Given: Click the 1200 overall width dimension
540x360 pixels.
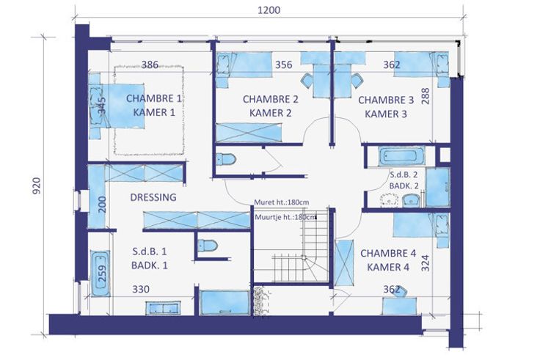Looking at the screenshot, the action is click(x=269, y=10).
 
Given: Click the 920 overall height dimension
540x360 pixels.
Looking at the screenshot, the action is click(x=37, y=185).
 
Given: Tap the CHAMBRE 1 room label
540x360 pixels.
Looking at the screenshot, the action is click(x=153, y=98).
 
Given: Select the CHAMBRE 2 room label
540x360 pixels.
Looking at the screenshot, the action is click(x=270, y=99).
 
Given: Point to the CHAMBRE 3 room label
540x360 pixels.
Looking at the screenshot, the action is click(x=386, y=100).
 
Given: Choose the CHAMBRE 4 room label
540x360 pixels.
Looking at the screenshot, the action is click(x=388, y=253).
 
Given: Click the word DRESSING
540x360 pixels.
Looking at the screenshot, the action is click(x=153, y=197).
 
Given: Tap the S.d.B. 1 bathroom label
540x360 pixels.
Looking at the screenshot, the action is click(x=150, y=251).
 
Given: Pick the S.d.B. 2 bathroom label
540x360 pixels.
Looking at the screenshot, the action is click(x=404, y=175).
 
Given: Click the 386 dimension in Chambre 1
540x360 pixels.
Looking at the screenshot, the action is click(x=150, y=65).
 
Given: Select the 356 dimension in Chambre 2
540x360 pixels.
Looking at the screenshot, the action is click(x=284, y=65).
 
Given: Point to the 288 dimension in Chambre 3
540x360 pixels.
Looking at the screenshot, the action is click(x=426, y=96).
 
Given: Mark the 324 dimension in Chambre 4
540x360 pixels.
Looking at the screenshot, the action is click(x=426, y=263).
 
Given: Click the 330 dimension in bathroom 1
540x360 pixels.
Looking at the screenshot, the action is click(x=141, y=289).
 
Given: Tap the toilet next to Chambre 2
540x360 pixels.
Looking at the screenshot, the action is click(x=226, y=159).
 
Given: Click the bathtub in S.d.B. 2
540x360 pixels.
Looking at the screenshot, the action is click(x=401, y=156).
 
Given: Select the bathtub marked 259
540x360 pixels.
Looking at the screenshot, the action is click(x=101, y=273).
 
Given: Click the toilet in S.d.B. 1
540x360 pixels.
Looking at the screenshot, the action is click(x=208, y=246).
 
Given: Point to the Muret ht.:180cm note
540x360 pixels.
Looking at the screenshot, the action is click(x=281, y=202).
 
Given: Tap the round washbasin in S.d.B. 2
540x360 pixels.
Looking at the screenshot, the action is click(x=389, y=199).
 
